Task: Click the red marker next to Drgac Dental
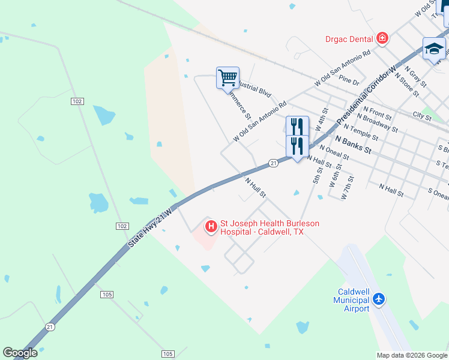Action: pyautogui.click(x=382, y=39)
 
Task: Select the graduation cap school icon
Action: pyautogui.click(x=433, y=49)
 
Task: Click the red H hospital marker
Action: pyautogui.click(x=211, y=226)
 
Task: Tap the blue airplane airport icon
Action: pyautogui.click(x=379, y=299)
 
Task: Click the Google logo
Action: pyautogui.click(x=20, y=353)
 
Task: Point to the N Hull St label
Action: pyautogui.click(x=255, y=186)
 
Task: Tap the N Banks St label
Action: pyautogui.click(x=354, y=145)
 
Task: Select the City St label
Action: pyautogui.click(x=422, y=115)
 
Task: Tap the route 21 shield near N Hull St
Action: pyautogui.click(x=273, y=163)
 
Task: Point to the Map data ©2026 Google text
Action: pyautogui.click(x=412, y=355)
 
